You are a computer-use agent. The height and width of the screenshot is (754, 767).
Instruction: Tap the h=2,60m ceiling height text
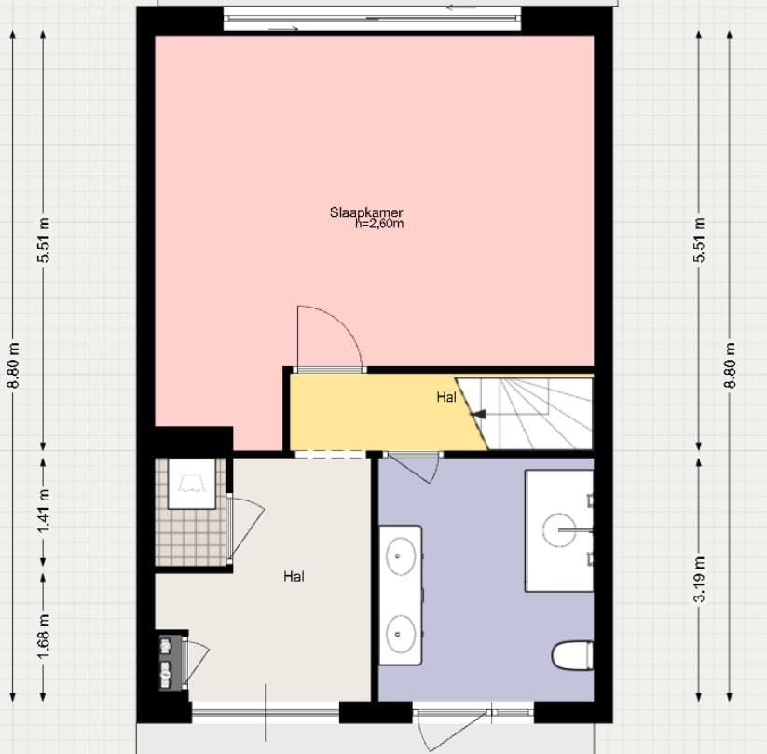(379, 224)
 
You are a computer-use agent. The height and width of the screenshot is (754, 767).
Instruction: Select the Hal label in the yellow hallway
(446, 397)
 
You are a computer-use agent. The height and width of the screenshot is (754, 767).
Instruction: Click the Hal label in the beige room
(294, 576)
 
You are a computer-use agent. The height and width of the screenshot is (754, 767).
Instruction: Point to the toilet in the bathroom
(572, 655)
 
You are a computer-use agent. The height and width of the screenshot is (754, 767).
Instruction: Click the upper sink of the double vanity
(402, 557)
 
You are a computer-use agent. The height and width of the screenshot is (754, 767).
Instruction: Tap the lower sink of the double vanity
(402, 631)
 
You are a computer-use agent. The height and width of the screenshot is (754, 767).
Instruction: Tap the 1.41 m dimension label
(43, 512)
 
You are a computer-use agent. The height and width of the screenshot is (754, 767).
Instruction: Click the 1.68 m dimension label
(43, 634)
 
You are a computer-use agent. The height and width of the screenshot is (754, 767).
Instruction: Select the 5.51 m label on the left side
(43, 241)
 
